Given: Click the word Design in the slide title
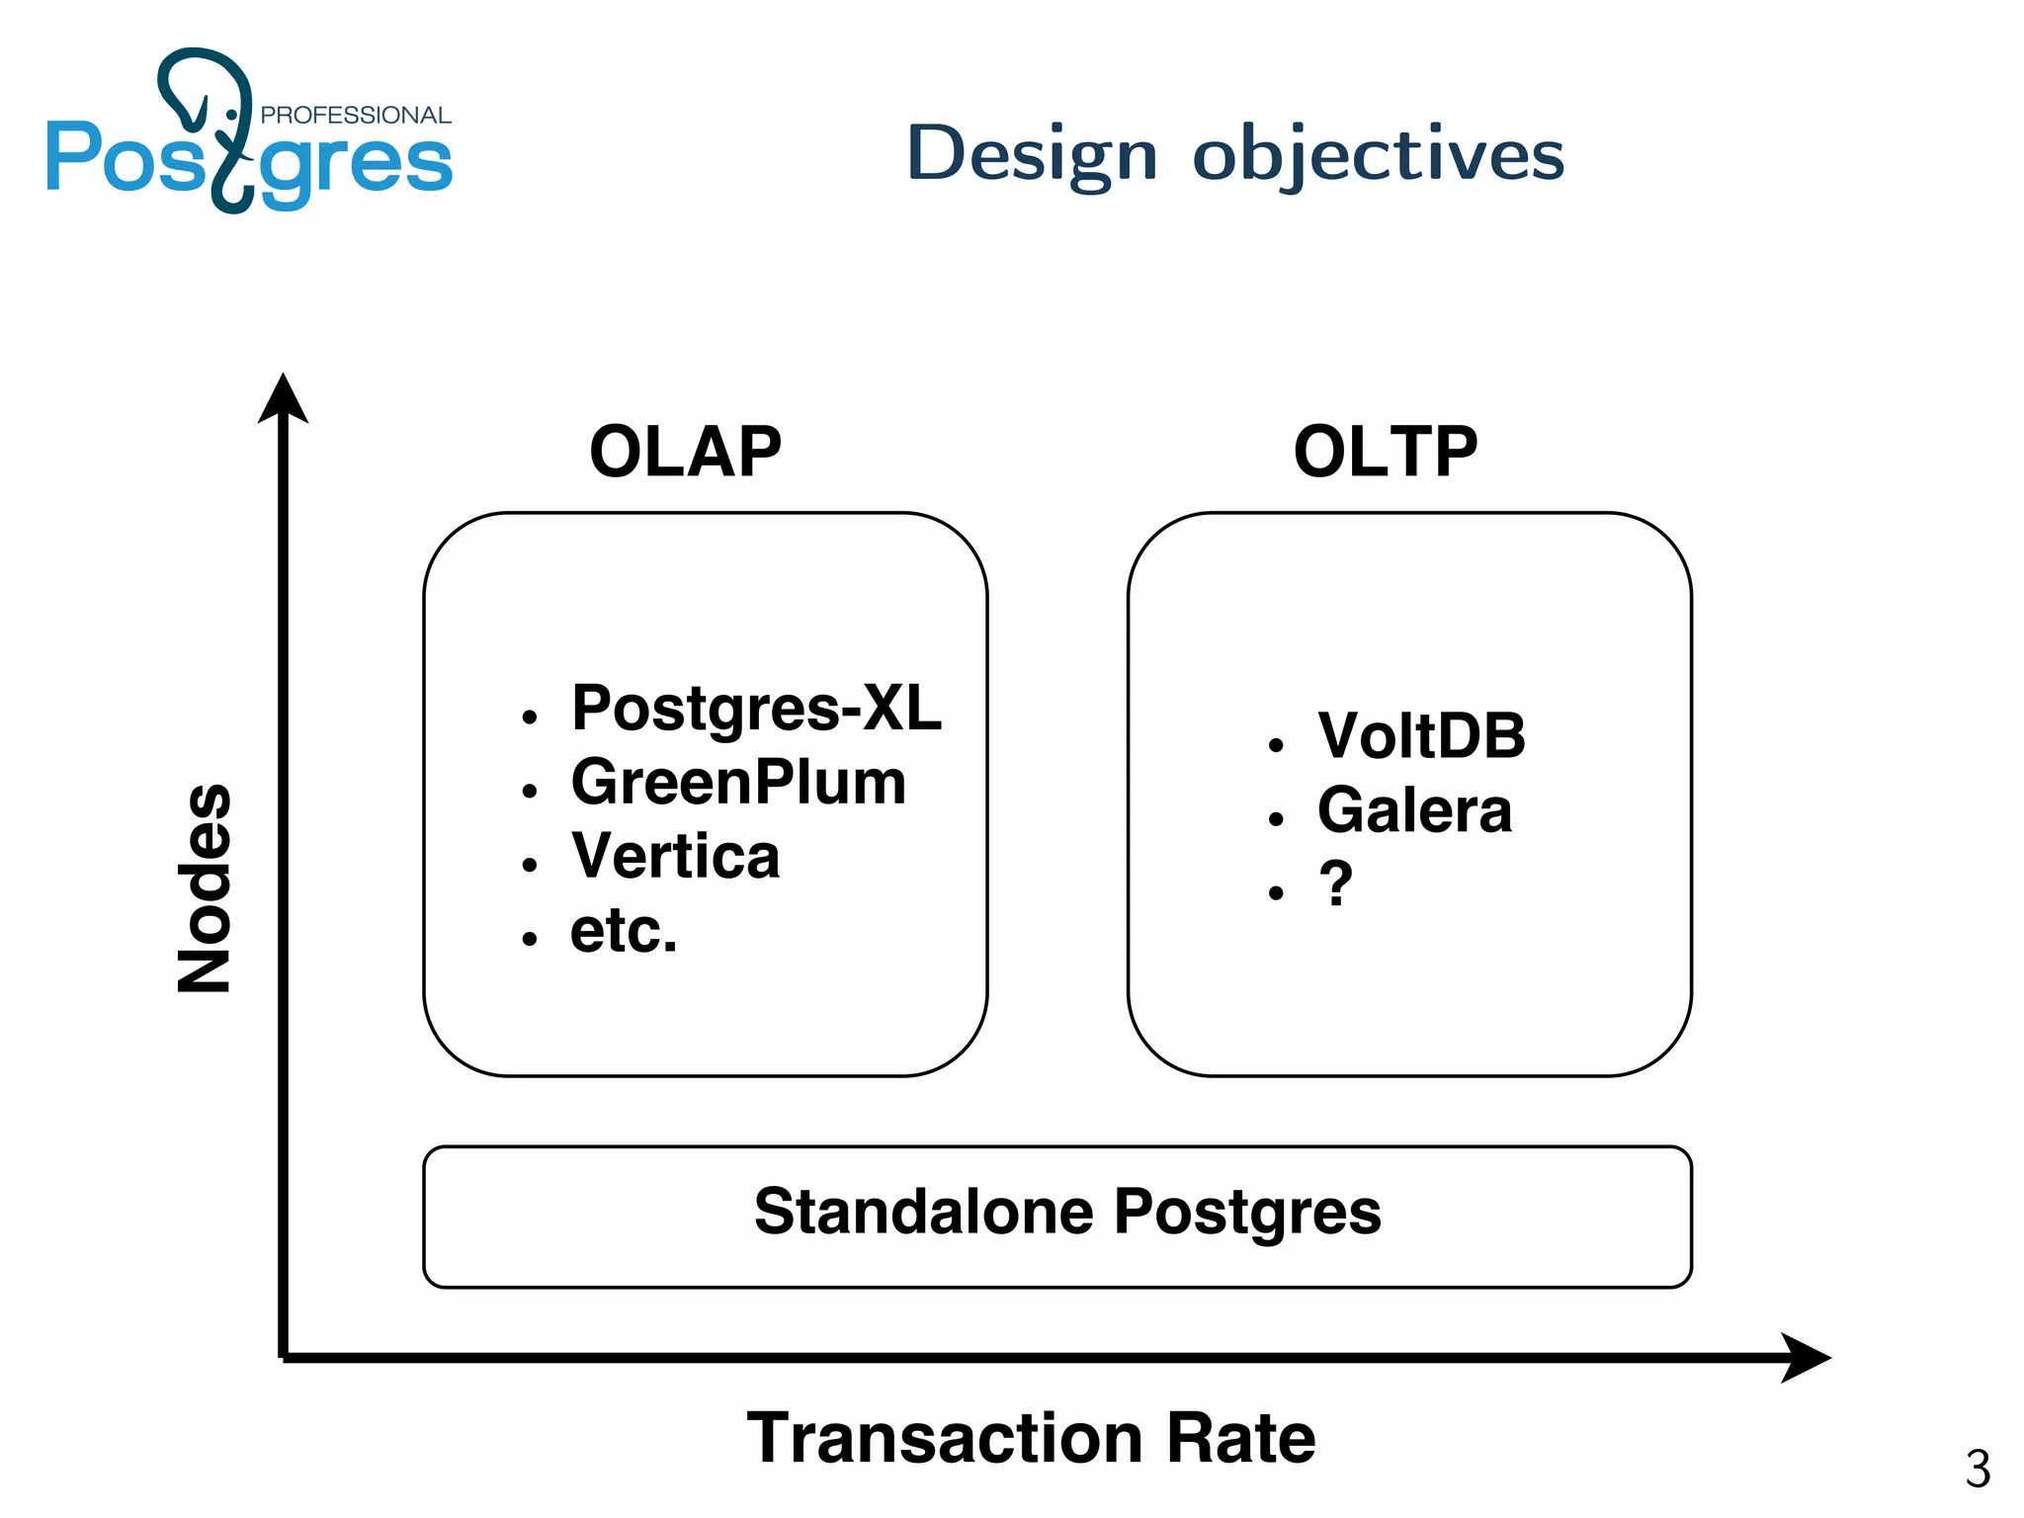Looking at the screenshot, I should (x=1032, y=156).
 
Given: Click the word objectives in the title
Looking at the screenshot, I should (x=1379, y=156).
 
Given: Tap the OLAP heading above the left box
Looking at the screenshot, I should (x=685, y=452).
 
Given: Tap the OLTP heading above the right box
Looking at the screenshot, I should (x=1386, y=452).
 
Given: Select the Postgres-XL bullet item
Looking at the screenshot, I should (x=756, y=709).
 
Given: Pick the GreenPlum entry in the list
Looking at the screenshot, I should (x=738, y=783).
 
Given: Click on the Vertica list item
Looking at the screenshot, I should (x=675, y=856).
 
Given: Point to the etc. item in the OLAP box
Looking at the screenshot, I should (x=624, y=931).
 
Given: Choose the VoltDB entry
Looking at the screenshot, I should (x=1421, y=736).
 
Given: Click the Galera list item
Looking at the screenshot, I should (x=1414, y=810).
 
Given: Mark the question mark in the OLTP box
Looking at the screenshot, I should (x=1335, y=884).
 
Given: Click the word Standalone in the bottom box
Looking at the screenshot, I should (x=923, y=1212).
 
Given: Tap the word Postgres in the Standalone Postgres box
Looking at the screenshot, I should (x=1247, y=1214).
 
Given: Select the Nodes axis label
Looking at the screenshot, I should (x=205, y=887).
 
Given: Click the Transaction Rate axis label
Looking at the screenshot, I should (x=1031, y=1438).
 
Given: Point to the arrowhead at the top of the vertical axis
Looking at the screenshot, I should (x=284, y=398).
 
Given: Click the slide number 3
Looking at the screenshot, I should (x=1978, y=1469).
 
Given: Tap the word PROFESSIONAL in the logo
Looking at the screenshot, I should (x=355, y=115).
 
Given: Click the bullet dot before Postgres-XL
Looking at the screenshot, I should (x=530, y=717).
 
